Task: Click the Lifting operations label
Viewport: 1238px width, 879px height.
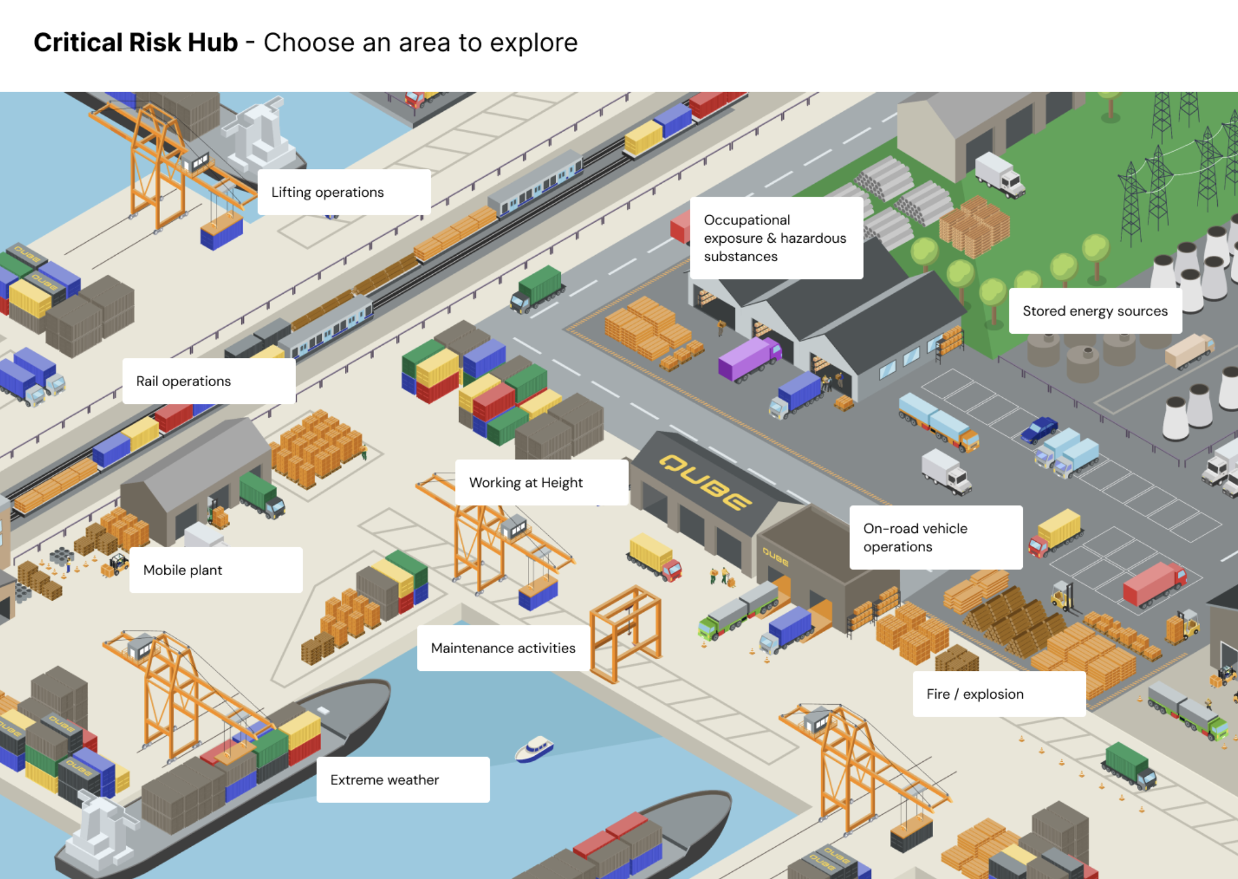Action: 344,192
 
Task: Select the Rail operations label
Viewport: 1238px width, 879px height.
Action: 209,381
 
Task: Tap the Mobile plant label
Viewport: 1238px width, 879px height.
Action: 215,570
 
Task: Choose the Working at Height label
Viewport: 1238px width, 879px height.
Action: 541,482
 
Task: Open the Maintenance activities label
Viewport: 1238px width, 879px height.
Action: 503,648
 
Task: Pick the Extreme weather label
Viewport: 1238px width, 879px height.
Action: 403,780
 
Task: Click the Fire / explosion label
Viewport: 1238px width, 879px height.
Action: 998,694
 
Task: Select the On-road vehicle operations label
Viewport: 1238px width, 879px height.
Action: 935,537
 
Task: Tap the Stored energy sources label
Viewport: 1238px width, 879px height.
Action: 1095,311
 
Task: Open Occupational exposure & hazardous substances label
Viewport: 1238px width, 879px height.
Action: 775,238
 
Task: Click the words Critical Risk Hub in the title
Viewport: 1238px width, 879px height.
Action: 136,43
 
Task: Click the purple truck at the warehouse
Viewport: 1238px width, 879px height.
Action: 749,358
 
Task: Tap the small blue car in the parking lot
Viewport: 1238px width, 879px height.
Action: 1039,429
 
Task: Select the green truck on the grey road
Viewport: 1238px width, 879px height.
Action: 538,288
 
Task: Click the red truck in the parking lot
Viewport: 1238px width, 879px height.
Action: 1154,583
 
